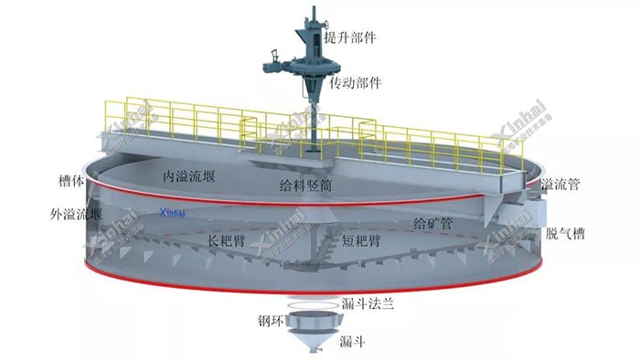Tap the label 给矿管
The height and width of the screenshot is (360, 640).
click(433, 223)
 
